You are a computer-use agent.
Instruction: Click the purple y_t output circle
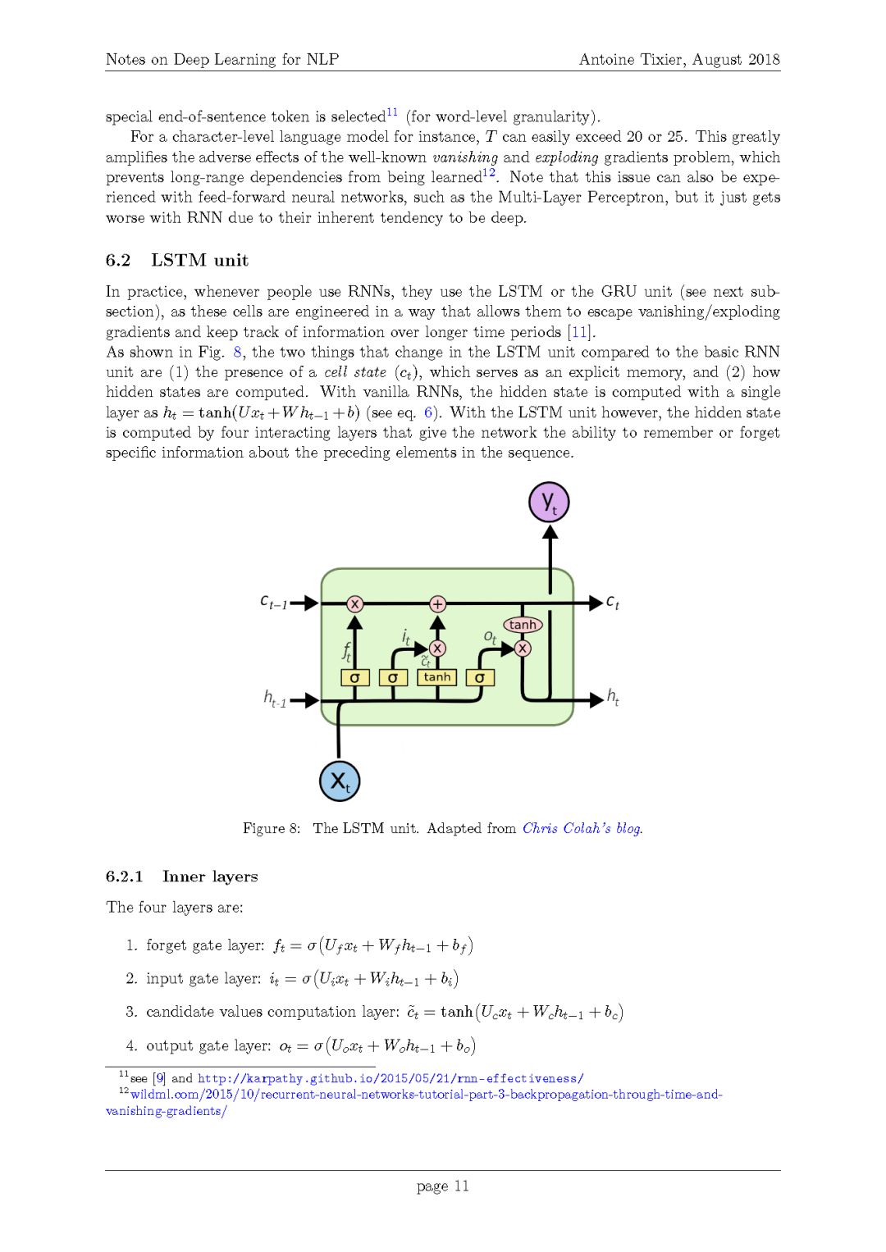(x=549, y=503)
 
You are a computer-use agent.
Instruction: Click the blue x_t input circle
(x=339, y=781)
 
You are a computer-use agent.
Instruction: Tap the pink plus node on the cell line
(x=438, y=604)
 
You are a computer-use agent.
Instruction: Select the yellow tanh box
(x=437, y=677)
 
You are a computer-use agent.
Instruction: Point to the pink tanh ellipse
(x=523, y=625)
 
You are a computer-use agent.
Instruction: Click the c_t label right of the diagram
(x=613, y=603)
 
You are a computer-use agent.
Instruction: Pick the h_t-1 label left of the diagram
(x=275, y=699)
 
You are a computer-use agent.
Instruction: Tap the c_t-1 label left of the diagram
(x=274, y=602)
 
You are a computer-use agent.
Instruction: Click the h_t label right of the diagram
(x=613, y=698)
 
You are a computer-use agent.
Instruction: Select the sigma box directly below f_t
(x=354, y=678)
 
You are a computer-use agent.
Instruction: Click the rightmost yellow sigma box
(x=480, y=678)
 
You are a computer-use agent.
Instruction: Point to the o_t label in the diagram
(x=490, y=636)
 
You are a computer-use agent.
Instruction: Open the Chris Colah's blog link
(x=582, y=828)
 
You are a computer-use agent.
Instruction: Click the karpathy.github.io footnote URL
(x=390, y=1078)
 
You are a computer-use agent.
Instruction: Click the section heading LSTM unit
(x=199, y=260)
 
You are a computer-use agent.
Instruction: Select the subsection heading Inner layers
(x=210, y=876)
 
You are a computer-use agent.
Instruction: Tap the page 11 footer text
(x=443, y=1186)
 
